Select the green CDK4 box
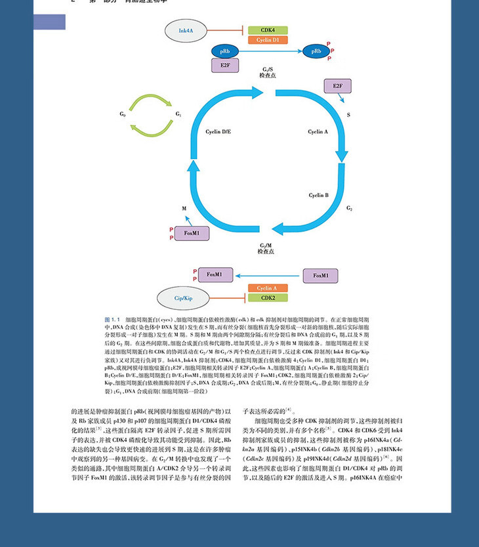(x=267, y=30)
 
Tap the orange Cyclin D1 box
(x=267, y=40)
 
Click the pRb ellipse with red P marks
(x=317, y=51)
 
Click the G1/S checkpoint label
(x=267, y=73)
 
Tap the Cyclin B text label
(x=318, y=195)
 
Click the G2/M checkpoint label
(x=266, y=247)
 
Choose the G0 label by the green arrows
(x=122, y=114)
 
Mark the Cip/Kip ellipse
(x=183, y=297)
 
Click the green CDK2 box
(x=268, y=297)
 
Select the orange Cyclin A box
(x=268, y=288)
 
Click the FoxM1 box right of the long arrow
(x=321, y=275)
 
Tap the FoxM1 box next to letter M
(x=196, y=233)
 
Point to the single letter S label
(x=348, y=114)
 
